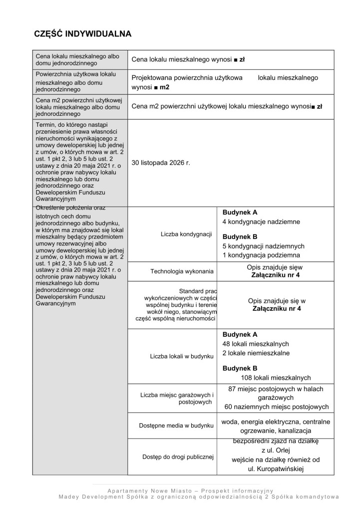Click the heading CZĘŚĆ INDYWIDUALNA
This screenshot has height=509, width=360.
point(82,34)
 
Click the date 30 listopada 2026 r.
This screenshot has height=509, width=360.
point(161,163)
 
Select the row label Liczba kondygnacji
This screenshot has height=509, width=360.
point(186,234)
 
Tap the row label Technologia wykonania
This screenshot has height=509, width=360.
point(182,271)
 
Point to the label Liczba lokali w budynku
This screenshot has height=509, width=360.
point(182,357)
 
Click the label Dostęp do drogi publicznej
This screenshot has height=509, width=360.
point(178,456)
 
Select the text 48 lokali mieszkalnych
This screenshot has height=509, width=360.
point(255,344)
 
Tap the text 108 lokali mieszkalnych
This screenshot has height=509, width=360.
point(276,378)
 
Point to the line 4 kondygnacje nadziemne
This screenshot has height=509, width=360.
point(261,222)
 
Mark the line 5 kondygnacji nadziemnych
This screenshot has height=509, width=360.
point(263,247)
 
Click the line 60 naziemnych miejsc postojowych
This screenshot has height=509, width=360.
point(276,407)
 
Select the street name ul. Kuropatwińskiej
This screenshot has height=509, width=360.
point(276,469)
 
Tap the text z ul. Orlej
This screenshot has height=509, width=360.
point(276,451)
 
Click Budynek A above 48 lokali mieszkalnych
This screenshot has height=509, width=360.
point(240,334)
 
